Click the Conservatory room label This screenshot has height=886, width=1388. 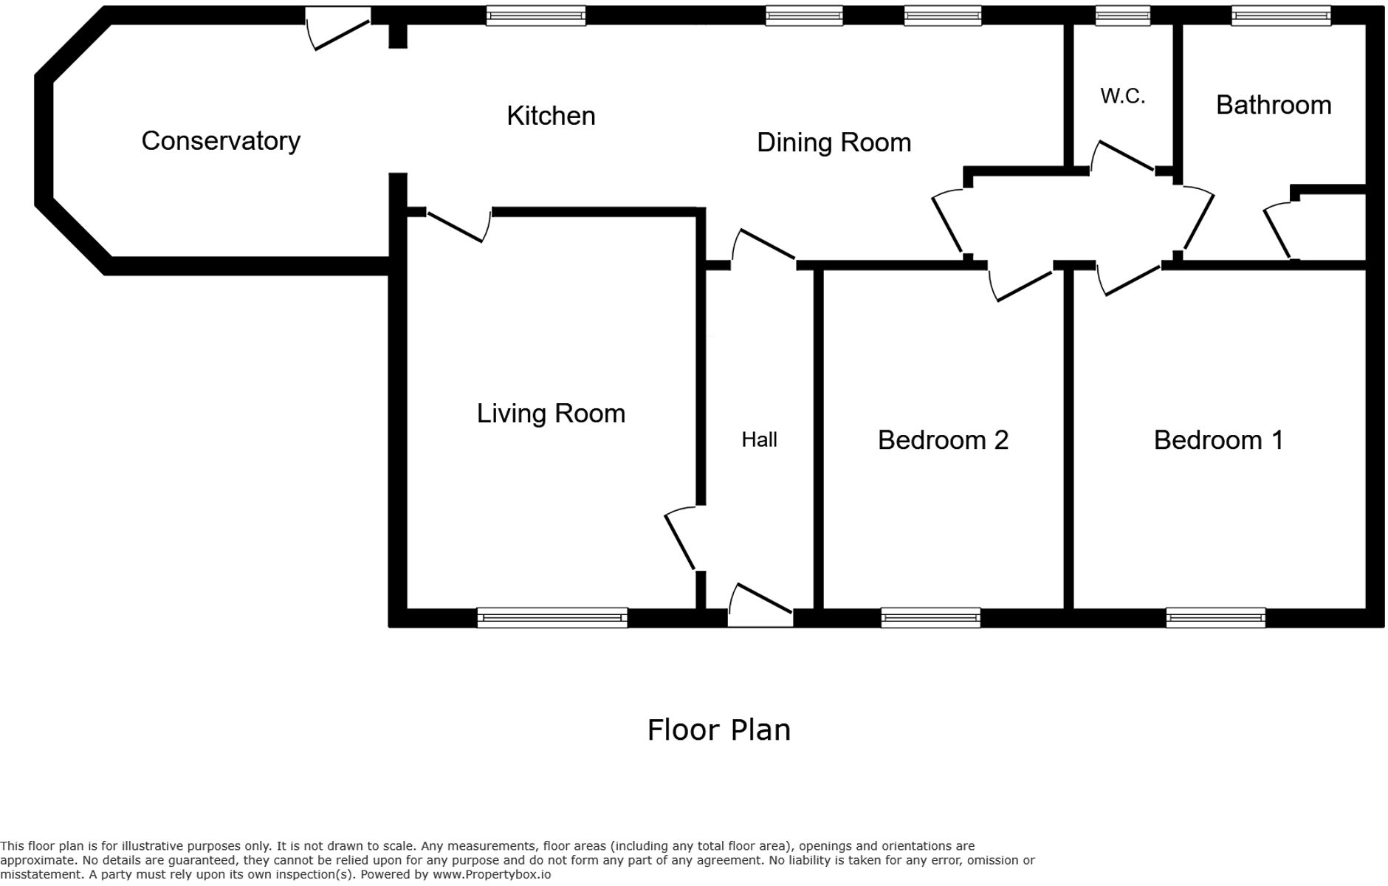tap(221, 141)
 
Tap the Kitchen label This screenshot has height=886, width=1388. tap(551, 116)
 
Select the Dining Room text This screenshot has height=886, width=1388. tap(834, 142)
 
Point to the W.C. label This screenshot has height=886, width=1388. tap(1122, 96)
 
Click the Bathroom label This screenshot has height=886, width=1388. tap(1273, 105)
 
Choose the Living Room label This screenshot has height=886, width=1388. tap(551, 413)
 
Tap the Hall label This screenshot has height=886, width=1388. tap(759, 440)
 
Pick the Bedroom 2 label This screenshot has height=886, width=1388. tap(942, 440)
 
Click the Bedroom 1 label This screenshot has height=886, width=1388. tap(1218, 440)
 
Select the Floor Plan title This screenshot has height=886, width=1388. tap(718, 729)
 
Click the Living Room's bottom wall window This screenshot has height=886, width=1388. tap(552, 617)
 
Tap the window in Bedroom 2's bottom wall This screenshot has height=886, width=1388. tap(930, 617)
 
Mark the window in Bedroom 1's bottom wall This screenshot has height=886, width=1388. tap(1215, 617)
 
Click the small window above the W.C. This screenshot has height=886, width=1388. tap(1122, 16)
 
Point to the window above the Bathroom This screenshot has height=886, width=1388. tap(1281, 16)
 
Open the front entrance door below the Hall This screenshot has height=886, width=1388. tap(760, 605)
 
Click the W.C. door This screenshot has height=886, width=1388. tap(1124, 157)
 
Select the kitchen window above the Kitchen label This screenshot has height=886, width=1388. tap(535, 16)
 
